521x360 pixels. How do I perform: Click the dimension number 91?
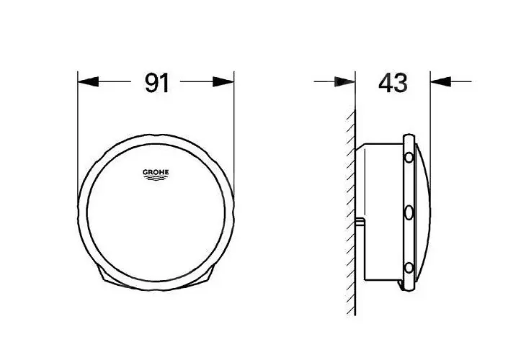(157, 83)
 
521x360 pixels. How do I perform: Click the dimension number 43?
(393, 83)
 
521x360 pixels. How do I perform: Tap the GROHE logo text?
(156, 172)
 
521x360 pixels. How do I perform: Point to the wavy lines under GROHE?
(156, 179)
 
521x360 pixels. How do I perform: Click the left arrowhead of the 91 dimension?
(88, 81)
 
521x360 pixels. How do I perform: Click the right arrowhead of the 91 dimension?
(223, 81)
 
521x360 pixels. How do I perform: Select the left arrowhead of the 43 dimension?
(345, 81)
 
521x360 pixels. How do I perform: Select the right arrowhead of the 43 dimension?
(440, 81)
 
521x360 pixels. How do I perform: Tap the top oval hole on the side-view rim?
(409, 157)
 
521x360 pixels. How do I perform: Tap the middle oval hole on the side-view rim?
(409, 212)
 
